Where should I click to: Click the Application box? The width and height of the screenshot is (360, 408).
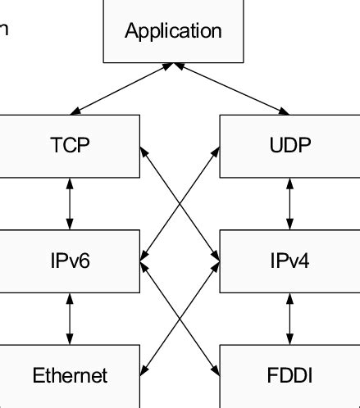(x=174, y=32)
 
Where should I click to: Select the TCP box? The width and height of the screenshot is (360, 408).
(x=69, y=147)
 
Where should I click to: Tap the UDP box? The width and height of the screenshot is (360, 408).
(x=289, y=147)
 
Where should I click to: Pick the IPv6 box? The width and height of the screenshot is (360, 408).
(x=69, y=261)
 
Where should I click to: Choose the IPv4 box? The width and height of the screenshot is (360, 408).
(x=289, y=261)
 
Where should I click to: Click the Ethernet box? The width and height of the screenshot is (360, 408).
(x=69, y=376)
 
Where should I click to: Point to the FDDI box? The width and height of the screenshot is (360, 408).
(x=289, y=376)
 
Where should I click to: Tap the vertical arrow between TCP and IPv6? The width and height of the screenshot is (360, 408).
(x=69, y=204)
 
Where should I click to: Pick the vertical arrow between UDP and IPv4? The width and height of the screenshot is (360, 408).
(x=289, y=204)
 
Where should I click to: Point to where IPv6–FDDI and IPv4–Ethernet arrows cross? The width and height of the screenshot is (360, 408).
(x=180, y=319)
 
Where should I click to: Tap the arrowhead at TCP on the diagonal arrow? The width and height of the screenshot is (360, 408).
(x=144, y=151)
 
